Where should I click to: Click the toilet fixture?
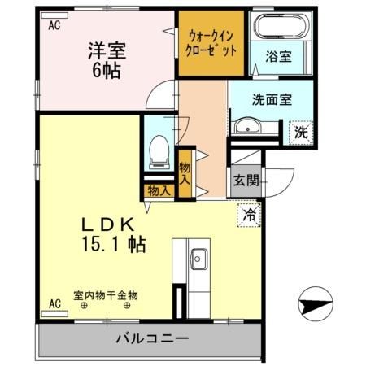pyautogui.click(x=159, y=151)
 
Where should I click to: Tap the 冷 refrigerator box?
pyautogui.click(x=249, y=216)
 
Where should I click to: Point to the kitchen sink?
pyautogui.click(x=198, y=262)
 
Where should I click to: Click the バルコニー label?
pyautogui.click(x=152, y=338)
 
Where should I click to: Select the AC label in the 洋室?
pyautogui.click(x=54, y=25)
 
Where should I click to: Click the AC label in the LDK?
pyautogui.click(x=54, y=304)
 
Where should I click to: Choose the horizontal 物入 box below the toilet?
pyautogui.click(x=159, y=191)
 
